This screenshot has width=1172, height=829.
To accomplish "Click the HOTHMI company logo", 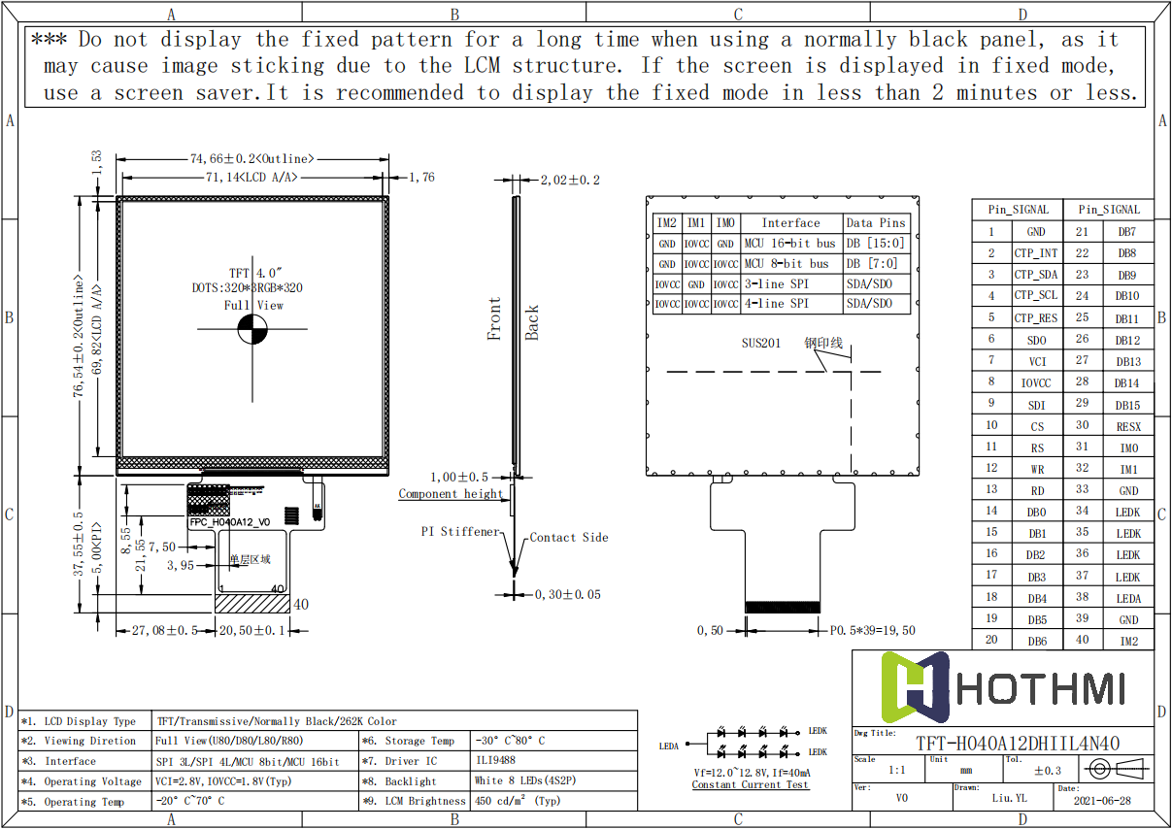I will point(1003,688).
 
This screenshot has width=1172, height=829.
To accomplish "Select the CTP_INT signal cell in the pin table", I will point(1035,253).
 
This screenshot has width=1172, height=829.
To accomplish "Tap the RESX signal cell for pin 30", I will point(1127,426).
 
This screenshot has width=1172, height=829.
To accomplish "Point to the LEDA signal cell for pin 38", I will point(1127,598).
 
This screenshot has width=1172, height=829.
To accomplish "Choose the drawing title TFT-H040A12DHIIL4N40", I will point(1018,744).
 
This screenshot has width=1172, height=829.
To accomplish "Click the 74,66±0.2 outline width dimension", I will point(251,158).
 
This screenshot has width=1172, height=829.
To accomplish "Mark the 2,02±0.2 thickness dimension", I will point(570,180).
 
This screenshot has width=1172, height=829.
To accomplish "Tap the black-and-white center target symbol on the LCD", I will point(251,330).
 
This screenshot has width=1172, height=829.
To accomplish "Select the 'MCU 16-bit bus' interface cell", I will point(789,244).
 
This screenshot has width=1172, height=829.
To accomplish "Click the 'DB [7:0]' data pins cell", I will point(872,264).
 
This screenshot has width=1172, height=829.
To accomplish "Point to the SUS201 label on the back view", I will point(760,344).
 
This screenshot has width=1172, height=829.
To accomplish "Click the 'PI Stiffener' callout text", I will point(460,532).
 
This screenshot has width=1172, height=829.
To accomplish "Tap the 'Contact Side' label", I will point(569,537).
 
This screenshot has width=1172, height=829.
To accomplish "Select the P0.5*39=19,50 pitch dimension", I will point(872,630).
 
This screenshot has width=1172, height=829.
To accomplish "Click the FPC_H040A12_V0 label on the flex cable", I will point(229,522).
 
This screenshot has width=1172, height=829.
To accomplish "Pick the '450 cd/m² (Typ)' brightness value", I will point(518,801).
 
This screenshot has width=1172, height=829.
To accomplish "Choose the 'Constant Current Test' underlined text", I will point(750,784).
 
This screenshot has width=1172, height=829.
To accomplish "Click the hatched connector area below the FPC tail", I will point(251,604).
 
